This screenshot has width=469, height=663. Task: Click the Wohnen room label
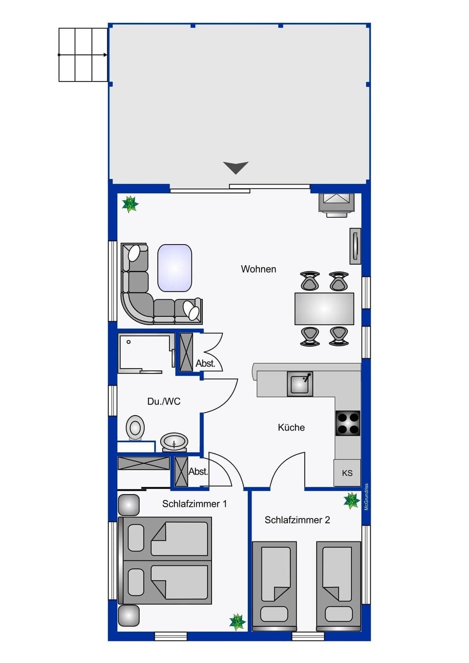tap(258, 269)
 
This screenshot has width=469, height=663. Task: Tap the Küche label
tap(291, 427)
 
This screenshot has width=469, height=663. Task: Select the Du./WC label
tap(164, 401)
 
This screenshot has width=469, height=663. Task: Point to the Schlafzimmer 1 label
tap(194, 503)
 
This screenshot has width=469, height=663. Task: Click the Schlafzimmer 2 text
tap(297, 520)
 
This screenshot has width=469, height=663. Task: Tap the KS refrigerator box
tap(347, 473)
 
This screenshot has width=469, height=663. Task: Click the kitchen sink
tap(299, 384)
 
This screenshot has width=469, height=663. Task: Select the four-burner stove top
tap(348, 423)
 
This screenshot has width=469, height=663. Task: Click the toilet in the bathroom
tap(135, 428)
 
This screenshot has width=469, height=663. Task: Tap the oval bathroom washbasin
tap(173, 442)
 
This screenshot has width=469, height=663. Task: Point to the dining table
tap(324, 309)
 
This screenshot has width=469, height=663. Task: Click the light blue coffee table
tap(174, 268)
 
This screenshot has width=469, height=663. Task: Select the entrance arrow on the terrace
tap(236, 167)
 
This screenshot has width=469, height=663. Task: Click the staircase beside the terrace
tap(83, 55)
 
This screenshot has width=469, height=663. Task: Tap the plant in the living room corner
tap(130, 204)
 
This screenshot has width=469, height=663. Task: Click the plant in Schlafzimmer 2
tap(351, 500)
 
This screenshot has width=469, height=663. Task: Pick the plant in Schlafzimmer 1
tap(237, 622)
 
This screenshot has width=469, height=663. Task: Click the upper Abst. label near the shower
tap(205, 363)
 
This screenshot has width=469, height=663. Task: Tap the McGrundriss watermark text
tap(366, 497)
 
